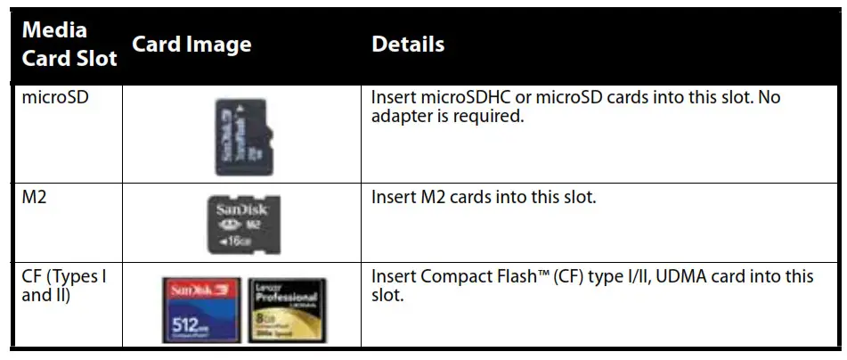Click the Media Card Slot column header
[x=69, y=44]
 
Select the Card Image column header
[x=191, y=45]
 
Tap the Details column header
[x=407, y=44]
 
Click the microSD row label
[x=57, y=97]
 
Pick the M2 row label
[x=35, y=197]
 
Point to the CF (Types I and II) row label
[x=63, y=285]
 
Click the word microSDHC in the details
[x=468, y=97]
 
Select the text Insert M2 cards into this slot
[x=483, y=197]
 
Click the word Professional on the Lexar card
[x=287, y=298]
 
